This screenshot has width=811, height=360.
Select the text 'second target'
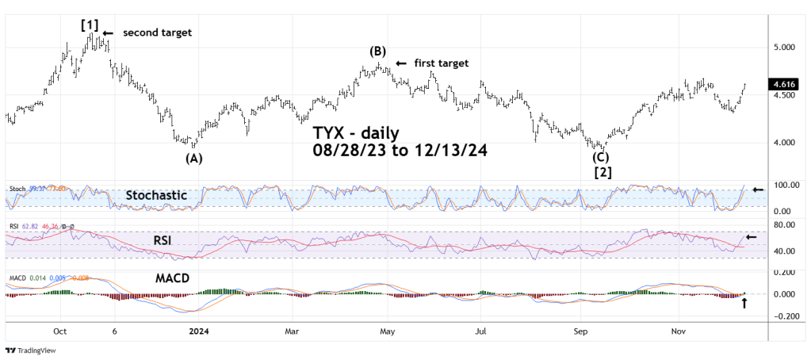click(157, 33)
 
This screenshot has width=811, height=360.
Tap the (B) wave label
click(377, 52)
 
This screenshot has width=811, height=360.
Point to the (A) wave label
click(193, 158)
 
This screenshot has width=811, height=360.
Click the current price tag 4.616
click(784, 82)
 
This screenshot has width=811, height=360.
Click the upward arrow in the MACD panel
click(744, 301)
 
